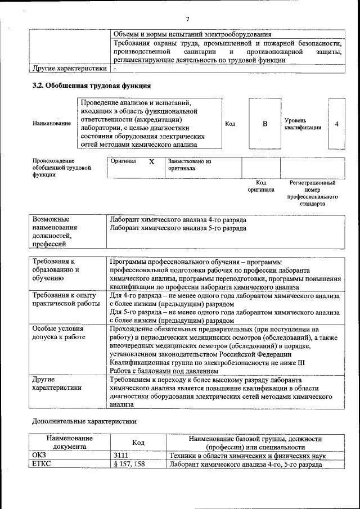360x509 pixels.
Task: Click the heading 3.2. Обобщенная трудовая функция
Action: coord(91,86)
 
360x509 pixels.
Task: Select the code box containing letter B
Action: coord(265,124)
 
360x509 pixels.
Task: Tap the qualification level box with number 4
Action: coord(336,124)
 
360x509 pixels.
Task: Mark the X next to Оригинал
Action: coord(151,161)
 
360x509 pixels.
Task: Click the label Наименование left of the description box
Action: coord(52,124)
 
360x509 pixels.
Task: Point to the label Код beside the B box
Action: coord(230,124)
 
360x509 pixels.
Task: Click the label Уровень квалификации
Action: coord(303,124)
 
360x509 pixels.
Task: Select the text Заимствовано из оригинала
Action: coord(189,165)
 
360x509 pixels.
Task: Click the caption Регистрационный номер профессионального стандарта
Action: coord(312,193)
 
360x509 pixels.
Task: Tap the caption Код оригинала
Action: coord(261,186)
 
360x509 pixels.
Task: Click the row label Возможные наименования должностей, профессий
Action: coord(55,232)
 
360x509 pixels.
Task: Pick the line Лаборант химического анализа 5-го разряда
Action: coord(178,228)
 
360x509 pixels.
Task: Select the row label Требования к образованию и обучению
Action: coord(56,270)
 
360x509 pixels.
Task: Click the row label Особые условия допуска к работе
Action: coord(58,332)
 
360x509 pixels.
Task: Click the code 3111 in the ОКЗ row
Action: coord(121,456)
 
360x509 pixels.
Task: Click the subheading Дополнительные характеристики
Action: coord(84,421)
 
